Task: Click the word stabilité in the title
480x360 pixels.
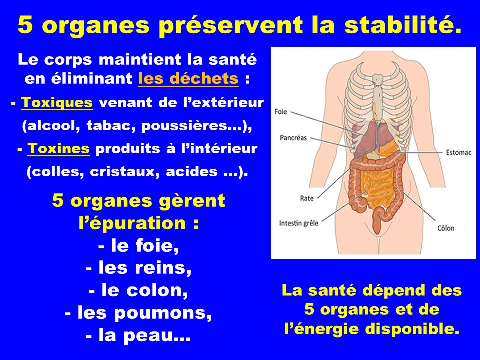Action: pyautogui.click(x=403, y=25)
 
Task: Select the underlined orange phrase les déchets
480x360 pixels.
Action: pyautogui.click(x=188, y=78)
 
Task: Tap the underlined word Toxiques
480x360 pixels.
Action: pyautogui.click(x=57, y=103)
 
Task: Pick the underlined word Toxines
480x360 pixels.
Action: pyautogui.click(x=59, y=149)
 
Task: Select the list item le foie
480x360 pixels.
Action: pyautogui.click(x=139, y=246)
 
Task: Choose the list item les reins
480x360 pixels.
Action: pyautogui.click(x=139, y=268)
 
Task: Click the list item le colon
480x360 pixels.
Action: pyautogui.click(x=138, y=290)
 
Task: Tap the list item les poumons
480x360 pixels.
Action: pyautogui.click(x=138, y=313)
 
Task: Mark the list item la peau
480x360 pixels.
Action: pyautogui.click(x=138, y=335)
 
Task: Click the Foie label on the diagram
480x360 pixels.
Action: pyautogui.click(x=281, y=111)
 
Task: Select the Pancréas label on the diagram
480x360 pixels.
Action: pyautogui.click(x=293, y=138)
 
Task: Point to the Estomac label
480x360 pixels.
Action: pyautogui.click(x=458, y=152)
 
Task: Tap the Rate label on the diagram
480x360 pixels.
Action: pyautogui.click(x=307, y=198)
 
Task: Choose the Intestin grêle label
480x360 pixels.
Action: pyautogui.click(x=299, y=223)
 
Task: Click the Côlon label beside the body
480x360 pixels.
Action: pyautogui.click(x=446, y=228)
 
